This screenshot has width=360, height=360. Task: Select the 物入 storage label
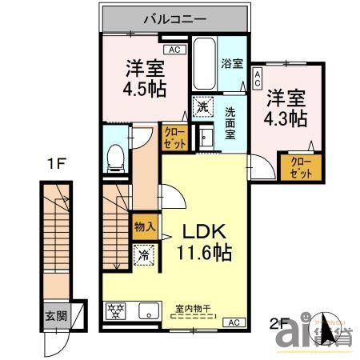[x=145, y=228]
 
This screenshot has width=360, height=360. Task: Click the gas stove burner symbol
[x=116, y=311]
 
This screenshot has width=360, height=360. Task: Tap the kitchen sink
[x=148, y=311]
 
